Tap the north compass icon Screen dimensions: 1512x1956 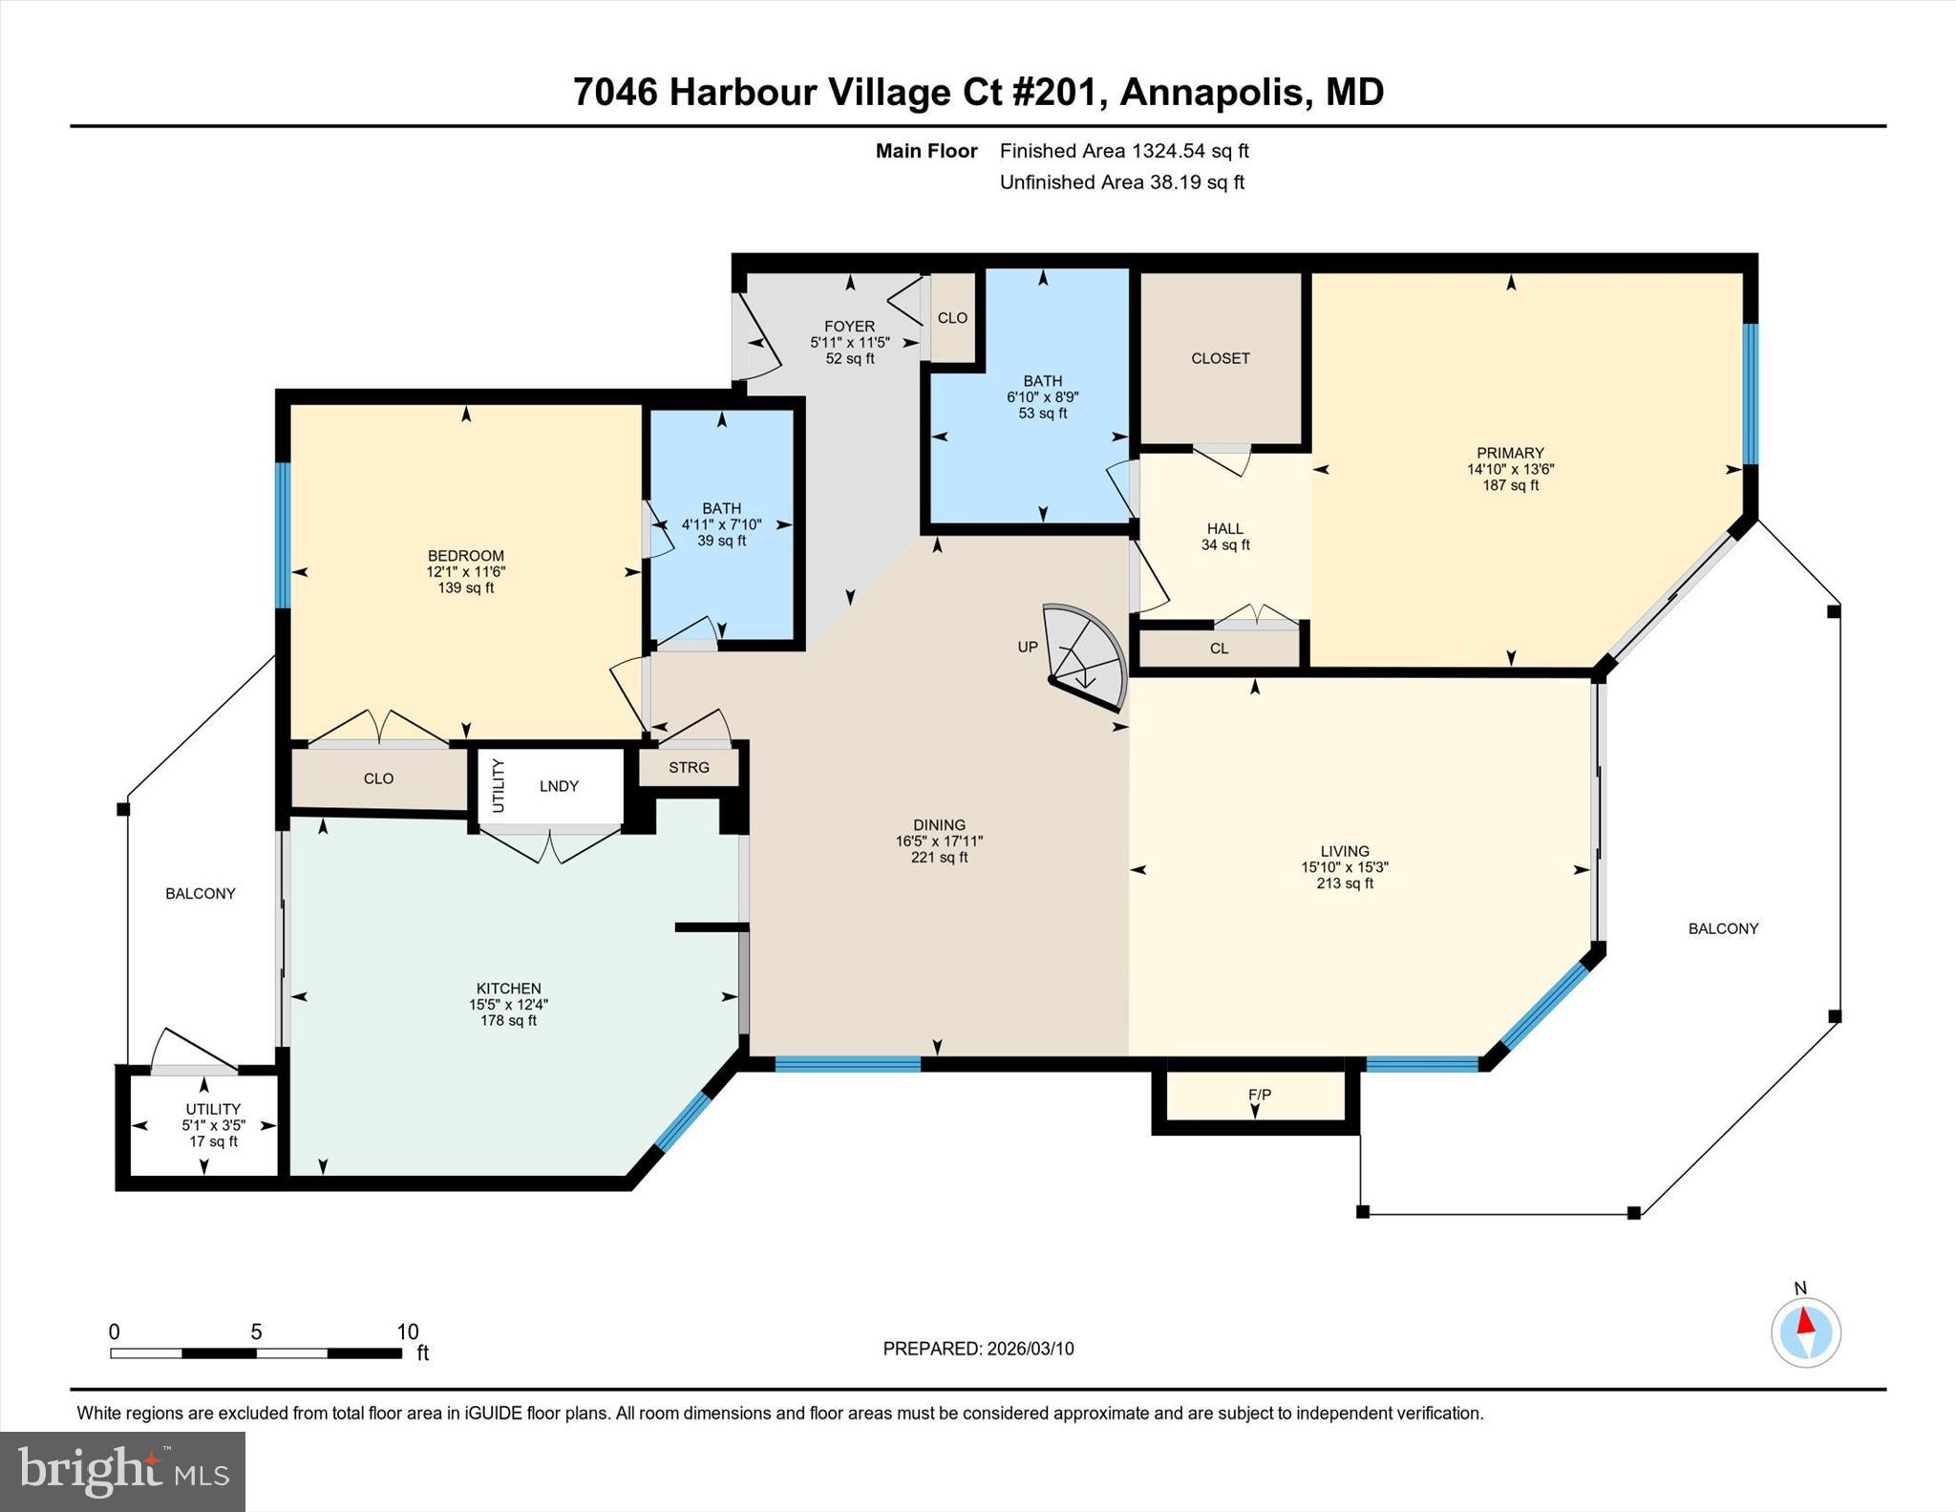coord(1805,1331)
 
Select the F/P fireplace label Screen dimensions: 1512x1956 coord(1260,1095)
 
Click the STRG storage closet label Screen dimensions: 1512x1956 coord(689,767)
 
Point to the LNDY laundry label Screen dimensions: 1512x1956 coord(559,786)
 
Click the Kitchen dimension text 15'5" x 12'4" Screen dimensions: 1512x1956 coord(508,1005)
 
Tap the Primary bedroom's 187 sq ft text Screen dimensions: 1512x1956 coord(1509,485)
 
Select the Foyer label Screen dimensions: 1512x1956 coord(849,327)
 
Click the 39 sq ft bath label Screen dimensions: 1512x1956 coord(721,541)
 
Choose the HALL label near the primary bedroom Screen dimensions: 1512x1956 coord(1224,528)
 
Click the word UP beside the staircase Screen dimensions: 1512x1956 coord(1028,647)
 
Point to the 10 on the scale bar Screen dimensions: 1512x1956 coord(408,1331)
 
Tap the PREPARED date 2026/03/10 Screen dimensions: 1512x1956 coord(1030,1349)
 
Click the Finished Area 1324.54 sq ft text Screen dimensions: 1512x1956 coord(1124,151)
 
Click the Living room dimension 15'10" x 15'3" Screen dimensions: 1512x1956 coord(1344,867)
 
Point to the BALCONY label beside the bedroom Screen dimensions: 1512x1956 coord(200,894)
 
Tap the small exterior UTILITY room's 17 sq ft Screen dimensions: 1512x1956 coord(212,1141)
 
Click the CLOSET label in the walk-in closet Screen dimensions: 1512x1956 coord(1220,358)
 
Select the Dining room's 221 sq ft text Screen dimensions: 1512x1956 coord(939,858)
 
